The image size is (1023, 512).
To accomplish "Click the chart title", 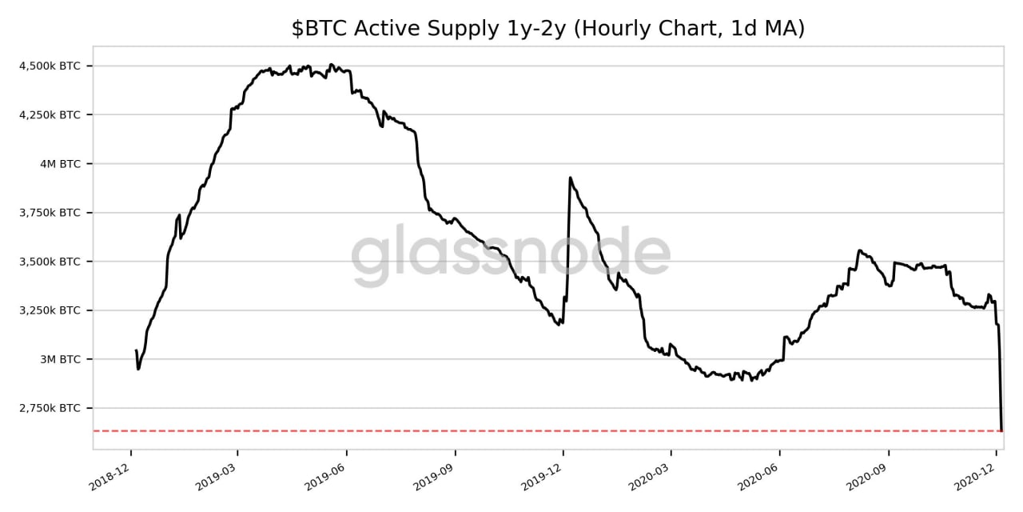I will [x=547, y=29].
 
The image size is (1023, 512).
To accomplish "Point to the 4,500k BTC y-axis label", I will [x=50, y=66].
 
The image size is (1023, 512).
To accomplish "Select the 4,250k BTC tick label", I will [x=50, y=114].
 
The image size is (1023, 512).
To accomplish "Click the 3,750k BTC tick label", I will [x=50, y=213].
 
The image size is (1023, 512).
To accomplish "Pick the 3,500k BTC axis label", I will [x=50, y=262].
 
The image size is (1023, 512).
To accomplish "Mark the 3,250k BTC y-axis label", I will [x=50, y=310].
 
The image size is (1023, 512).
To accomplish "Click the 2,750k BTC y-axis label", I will [x=50, y=408].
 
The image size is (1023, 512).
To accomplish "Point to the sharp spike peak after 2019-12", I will [x=570, y=178].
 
